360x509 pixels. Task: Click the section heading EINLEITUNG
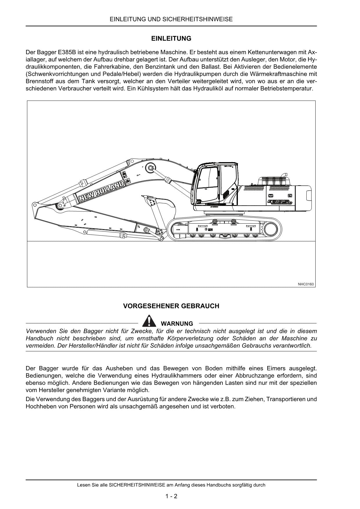tap(171, 39)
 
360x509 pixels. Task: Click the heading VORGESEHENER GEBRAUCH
tap(171, 306)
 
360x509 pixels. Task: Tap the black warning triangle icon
tap(149, 320)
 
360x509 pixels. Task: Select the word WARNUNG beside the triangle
tap(177, 323)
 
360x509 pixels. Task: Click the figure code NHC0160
tap(306, 284)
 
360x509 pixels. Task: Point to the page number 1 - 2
tap(171, 496)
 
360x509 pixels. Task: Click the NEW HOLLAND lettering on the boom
tap(102, 191)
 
